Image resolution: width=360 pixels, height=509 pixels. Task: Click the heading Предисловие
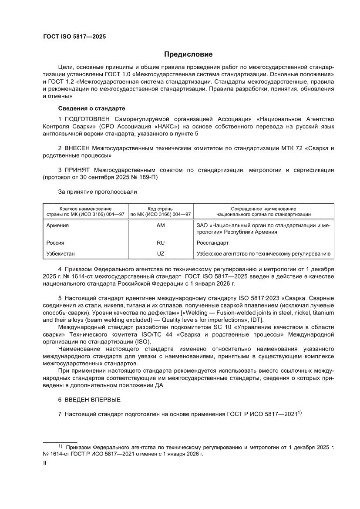pyautogui.click(x=188, y=54)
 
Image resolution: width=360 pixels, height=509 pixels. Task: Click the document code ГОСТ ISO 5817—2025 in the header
pyautogui.click(x=74, y=37)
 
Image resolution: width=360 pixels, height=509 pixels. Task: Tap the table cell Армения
pyautogui.click(x=57, y=226)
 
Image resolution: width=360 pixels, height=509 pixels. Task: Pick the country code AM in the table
pyautogui.click(x=161, y=226)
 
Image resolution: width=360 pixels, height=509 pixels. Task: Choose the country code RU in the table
pyautogui.click(x=161, y=243)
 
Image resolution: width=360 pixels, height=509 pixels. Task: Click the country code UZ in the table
pyautogui.click(x=161, y=253)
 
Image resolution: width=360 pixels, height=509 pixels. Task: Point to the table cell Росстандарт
pyautogui.click(x=213, y=243)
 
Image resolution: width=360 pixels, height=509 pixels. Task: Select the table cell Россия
pyautogui.click(x=55, y=243)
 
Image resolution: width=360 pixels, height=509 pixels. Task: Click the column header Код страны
pyautogui.click(x=161, y=209)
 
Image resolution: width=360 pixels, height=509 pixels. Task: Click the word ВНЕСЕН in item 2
pyautogui.click(x=78, y=148)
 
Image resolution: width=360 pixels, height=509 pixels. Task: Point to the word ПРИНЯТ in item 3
pyautogui.click(x=77, y=170)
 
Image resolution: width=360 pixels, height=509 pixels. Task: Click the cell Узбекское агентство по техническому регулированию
pyautogui.click(x=263, y=253)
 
